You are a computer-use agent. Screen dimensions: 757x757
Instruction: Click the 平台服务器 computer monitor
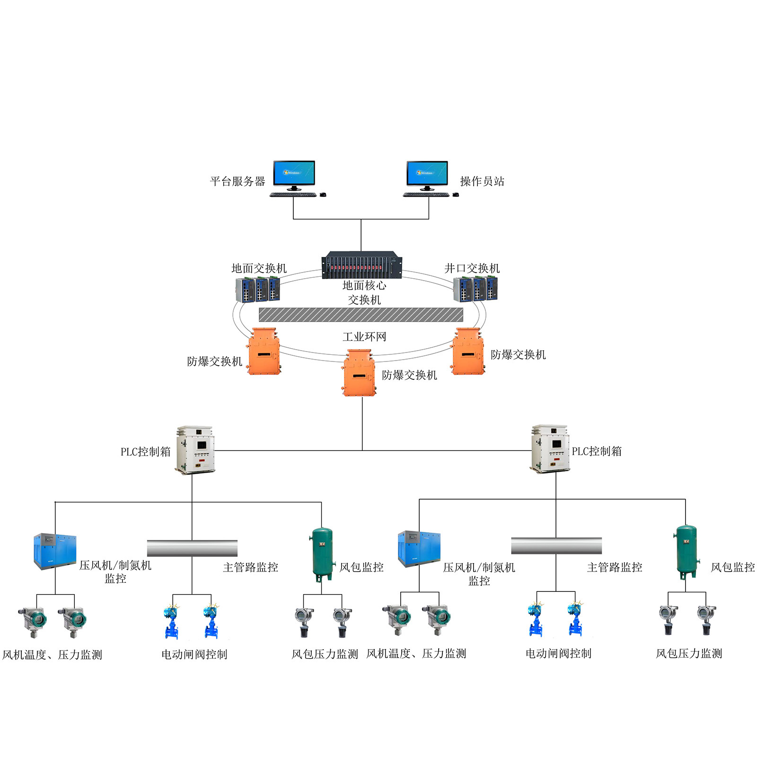(x=294, y=174)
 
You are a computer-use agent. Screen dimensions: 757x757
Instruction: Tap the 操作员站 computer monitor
(x=427, y=174)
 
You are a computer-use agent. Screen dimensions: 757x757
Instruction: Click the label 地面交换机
(x=259, y=268)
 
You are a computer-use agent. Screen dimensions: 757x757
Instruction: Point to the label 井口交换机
(x=472, y=268)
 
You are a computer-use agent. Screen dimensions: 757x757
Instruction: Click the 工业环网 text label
(x=364, y=337)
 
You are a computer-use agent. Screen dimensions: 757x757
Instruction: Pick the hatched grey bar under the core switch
(x=361, y=315)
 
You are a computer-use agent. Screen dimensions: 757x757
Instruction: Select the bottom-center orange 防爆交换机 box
(x=359, y=373)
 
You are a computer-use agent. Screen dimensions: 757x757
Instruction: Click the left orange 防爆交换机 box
(x=264, y=352)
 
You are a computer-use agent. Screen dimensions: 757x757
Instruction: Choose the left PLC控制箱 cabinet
(x=195, y=450)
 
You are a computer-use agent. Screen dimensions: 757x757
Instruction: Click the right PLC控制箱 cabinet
(x=549, y=449)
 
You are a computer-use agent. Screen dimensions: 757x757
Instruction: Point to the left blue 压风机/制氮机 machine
(x=55, y=551)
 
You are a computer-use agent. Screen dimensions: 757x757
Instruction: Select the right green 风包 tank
(x=686, y=551)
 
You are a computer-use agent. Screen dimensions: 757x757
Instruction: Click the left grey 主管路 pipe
(x=192, y=548)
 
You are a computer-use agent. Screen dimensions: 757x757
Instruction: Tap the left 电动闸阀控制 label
(x=194, y=654)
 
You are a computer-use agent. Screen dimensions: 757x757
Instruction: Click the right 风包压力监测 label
(x=689, y=653)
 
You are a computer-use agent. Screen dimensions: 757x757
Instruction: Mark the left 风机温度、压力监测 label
(x=52, y=655)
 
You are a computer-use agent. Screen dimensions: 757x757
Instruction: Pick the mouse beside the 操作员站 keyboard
(x=456, y=194)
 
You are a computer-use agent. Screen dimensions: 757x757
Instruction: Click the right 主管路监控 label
(x=615, y=567)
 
